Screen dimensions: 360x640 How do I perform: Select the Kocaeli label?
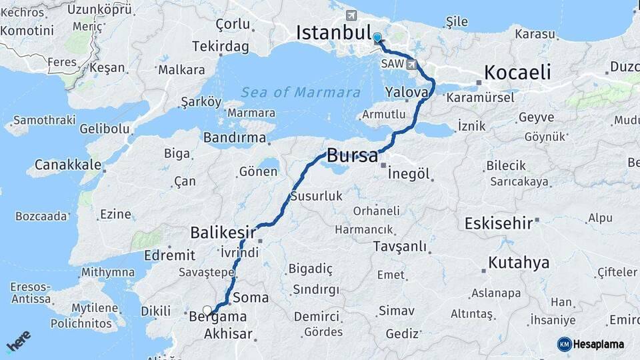pos(517,72)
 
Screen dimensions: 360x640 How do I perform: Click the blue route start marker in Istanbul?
pos(377,39)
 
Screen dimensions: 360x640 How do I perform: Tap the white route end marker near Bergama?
pos(207,310)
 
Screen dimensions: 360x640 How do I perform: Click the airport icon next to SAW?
pos(413,65)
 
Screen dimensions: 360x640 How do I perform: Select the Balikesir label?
pos(223,233)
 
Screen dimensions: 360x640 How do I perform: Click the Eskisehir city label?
pos(499,223)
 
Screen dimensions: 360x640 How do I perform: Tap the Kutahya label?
pos(519,263)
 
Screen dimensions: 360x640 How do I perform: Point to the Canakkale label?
pos(68,164)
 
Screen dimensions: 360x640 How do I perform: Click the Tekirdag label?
pos(220,47)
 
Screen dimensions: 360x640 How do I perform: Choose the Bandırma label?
pos(234,138)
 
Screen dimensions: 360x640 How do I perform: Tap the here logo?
pos(19,341)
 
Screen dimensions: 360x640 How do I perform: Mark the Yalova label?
pos(406,93)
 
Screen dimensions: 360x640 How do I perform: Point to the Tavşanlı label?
pos(400,247)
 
